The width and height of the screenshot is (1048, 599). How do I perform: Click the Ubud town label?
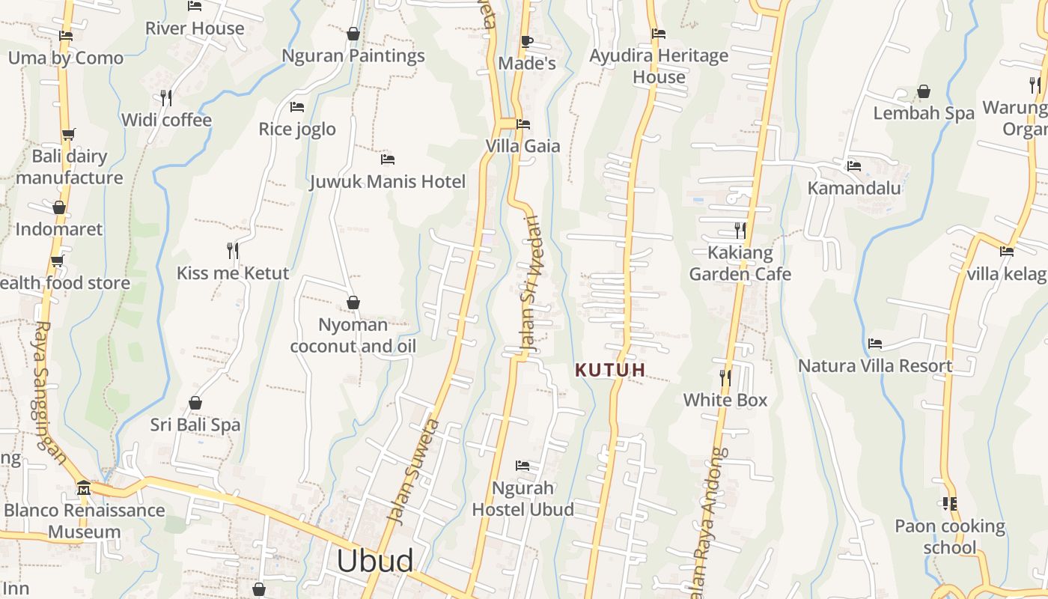[374, 561]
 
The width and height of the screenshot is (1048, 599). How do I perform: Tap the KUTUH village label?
[610, 370]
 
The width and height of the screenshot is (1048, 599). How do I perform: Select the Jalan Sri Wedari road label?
[530, 285]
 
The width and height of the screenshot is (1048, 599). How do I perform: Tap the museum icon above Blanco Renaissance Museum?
[83, 488]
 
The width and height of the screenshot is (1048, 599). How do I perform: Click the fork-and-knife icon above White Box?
[725, 377]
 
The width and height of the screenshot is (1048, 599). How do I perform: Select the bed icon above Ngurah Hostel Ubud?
[523, 466]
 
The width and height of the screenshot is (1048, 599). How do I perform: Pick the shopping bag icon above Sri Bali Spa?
[195, 403]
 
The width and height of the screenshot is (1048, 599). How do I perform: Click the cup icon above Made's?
[526, 41]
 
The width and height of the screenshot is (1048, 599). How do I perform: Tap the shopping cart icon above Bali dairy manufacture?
[69, 135]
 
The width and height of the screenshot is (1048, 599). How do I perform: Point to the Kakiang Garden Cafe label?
[740, 263]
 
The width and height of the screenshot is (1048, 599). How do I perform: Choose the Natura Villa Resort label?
[875, 365]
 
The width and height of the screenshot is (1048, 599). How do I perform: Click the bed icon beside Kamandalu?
[853, 165]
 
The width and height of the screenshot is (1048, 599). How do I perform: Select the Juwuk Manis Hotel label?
[388, 181]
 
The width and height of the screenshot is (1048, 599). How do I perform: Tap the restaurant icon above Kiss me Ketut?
[233, 250]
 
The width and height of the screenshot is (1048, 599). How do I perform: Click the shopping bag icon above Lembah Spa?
[924, 91]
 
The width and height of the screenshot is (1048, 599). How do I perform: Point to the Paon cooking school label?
[950, 536]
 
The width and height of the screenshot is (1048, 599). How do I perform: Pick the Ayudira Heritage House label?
[659, 66]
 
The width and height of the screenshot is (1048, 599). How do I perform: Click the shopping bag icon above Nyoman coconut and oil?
[353, 302]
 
